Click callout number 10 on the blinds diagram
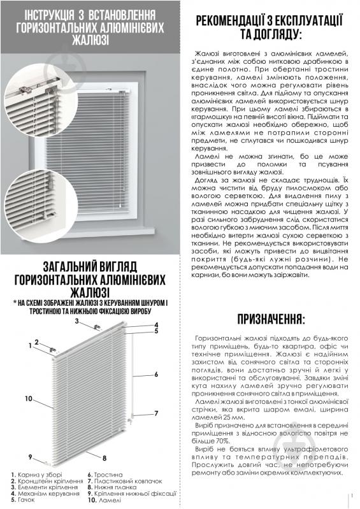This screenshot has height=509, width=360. pyautogui.click(x=29, y=398)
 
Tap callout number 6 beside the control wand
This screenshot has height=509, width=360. pyautogui.click(x=155, y=375)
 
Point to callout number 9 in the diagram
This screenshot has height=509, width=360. pyautogui.click(x=30, y=456)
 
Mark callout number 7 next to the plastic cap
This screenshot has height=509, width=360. pyautogui.click(x=155, y=413)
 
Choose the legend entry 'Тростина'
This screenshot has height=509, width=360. pyautogui.click(x=102, y=475)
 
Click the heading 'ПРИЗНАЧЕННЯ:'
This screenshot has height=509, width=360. pyautogui.click(x=271, y=319)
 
